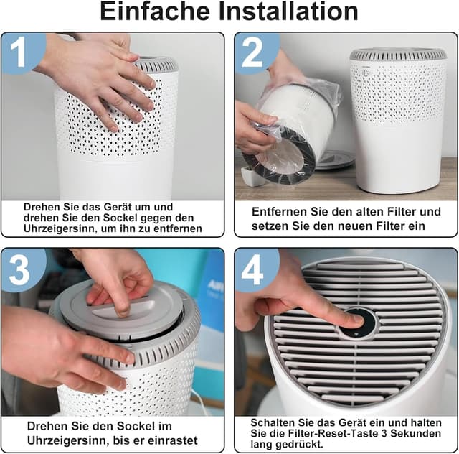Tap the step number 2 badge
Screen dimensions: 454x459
[x=252, y=52]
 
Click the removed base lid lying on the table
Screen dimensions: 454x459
[x=333, y=159]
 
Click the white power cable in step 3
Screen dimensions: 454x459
[x=202, y=403]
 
